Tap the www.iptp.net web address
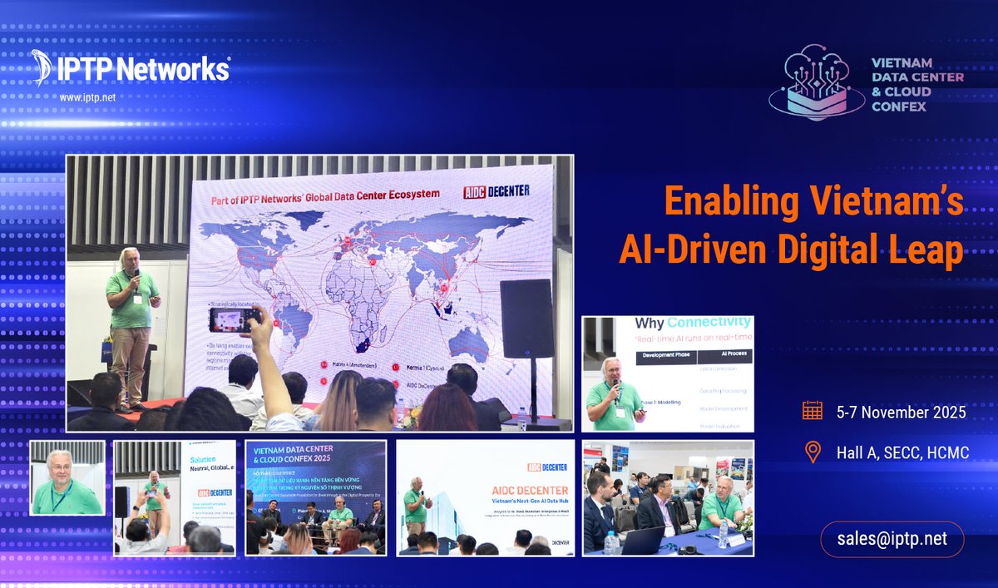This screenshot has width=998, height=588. click(x=87, y=97)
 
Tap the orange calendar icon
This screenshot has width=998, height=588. click(x=813, y=411)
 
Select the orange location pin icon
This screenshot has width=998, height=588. click(x=813, y=452)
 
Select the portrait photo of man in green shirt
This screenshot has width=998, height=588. click(x=67, y=477)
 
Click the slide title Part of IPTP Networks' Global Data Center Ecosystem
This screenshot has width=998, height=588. click(x=326, y=195)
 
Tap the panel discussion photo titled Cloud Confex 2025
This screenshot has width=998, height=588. click(x=316, y=497)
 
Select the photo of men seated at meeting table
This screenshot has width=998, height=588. click(x=668, y=497)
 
